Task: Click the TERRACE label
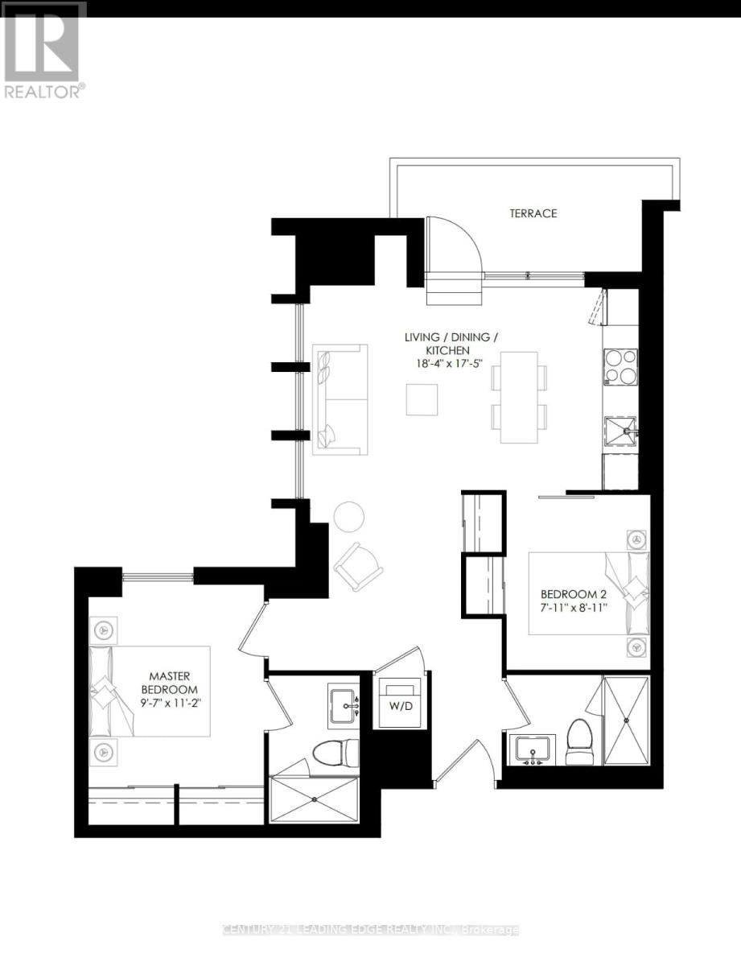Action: pos(533,213)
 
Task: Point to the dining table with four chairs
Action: pos(519,397)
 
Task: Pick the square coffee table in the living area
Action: pos(422,399)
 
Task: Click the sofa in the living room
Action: pos(340,399)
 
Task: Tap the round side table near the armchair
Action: pos(349,516)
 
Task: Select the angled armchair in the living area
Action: pos(359,565)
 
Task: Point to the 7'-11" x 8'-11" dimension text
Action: pos(572,609)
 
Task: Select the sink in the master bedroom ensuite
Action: pos(348,705)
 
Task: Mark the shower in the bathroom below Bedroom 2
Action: pos(626,720)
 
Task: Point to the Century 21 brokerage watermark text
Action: pos(370,930)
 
